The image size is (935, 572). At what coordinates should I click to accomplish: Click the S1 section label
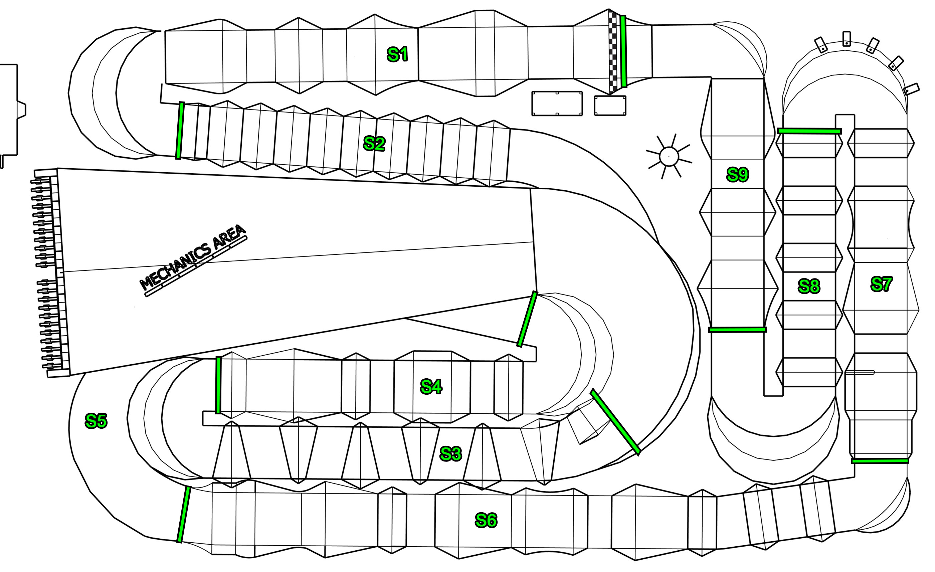(x=397, y=54)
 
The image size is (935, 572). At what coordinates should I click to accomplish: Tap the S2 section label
(x=374, y=144)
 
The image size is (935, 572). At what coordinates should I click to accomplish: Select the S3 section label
(x=450, y=453)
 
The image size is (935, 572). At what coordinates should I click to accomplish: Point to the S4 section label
(x=431, y=387)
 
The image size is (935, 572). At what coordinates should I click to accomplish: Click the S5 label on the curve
(x=96, y=421)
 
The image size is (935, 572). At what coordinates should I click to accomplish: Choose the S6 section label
(x=486, y=520)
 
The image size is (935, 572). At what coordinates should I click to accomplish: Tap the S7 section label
(x=881, y=284)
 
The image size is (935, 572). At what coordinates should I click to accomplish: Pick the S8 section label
(x=809, y=286)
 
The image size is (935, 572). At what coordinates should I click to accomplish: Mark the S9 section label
(x=737, y=175)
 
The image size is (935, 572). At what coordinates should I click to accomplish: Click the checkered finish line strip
(x=613, y=52)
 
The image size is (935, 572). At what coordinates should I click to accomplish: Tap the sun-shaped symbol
(x=669, y=156)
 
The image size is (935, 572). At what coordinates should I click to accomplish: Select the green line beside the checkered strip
(x=623, y=51)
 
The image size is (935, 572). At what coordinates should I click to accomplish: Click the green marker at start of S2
(x=180, y=131)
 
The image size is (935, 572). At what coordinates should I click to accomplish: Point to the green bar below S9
(x=737, y=330)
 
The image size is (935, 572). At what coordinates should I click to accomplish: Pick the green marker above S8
(x=809, y=131)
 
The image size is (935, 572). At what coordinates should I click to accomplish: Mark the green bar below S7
(x=880, y=461)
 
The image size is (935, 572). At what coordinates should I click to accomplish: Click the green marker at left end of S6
(x=184, y=514)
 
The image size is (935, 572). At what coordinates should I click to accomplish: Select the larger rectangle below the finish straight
(x=557, y=103)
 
